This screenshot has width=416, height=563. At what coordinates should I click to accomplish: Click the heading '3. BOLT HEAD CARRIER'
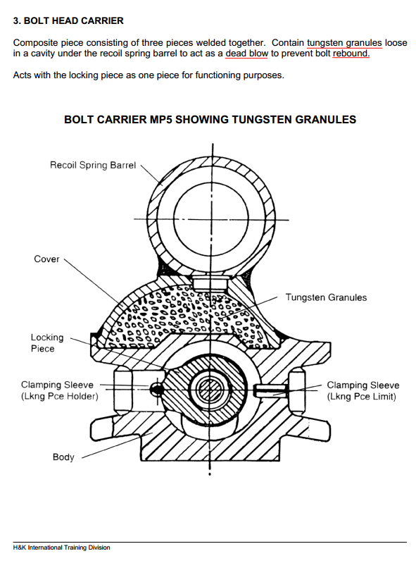(68, 21)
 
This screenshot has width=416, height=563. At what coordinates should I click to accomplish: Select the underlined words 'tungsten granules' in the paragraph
(344, 43)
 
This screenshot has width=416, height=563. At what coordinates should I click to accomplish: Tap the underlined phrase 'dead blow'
(247, 54)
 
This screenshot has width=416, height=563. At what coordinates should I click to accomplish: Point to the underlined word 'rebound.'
(351, 54)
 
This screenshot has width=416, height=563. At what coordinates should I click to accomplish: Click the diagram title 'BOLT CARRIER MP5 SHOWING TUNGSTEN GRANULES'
(210, 120)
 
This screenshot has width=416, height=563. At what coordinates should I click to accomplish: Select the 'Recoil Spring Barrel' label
(93, 165)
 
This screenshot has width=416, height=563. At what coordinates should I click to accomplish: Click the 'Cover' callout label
(46, 259)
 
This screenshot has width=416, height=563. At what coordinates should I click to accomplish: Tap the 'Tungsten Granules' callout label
(326, 297)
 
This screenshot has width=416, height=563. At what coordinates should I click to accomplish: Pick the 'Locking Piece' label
(47, 343)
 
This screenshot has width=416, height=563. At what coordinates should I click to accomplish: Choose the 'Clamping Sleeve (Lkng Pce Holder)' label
(59, 390)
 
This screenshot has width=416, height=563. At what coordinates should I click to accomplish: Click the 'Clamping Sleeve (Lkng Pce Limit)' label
(363, 390)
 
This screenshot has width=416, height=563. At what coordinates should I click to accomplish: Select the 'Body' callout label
(63, 457)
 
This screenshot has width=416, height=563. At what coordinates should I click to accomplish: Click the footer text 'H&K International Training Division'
(62, 547)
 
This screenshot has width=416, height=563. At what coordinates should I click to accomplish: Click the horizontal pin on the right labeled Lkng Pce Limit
(270, 390)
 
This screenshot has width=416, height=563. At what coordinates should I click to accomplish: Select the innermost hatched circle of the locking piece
(210, 390)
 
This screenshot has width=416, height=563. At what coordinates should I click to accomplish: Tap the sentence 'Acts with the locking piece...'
(149, 75)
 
